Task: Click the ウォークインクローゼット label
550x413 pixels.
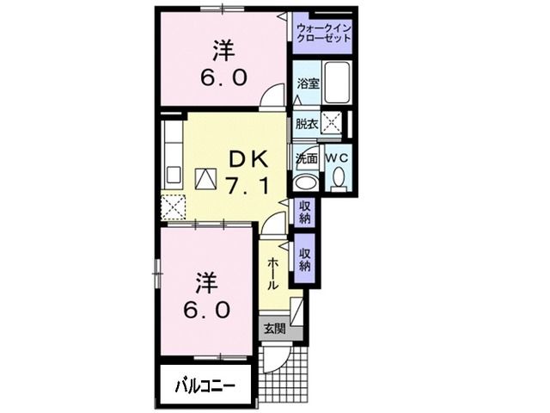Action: [x=324, y=34]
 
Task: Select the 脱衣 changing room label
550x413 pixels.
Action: [x=306, y=123]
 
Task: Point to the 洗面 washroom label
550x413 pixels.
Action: [x=306, y=159]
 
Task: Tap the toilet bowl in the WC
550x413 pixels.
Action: [x=337, y=178]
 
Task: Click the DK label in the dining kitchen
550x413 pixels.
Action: [x=248, y=158]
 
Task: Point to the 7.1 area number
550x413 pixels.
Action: [x=248, y=183]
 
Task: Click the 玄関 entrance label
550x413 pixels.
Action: [x=274, y=328]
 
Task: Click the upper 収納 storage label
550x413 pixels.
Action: [x=305, y=212]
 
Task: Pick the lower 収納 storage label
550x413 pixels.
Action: [x=305, y=260]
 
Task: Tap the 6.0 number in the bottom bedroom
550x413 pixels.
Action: [x=205, y=310]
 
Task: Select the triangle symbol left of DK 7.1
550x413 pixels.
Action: [x=206, y=177]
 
